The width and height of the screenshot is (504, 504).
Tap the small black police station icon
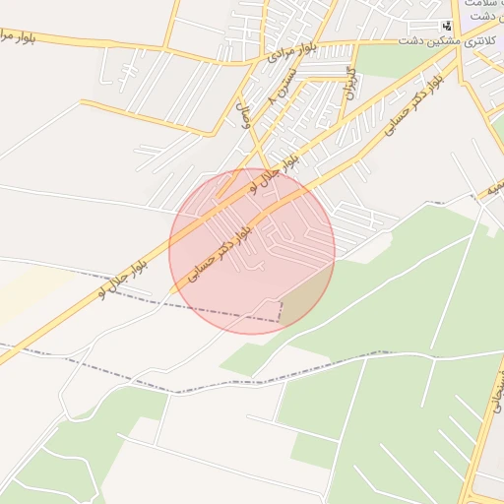pyautogui.click(x=446, y=26)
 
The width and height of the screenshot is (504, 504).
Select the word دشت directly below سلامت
pyautogui.click(x=481, y=18)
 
